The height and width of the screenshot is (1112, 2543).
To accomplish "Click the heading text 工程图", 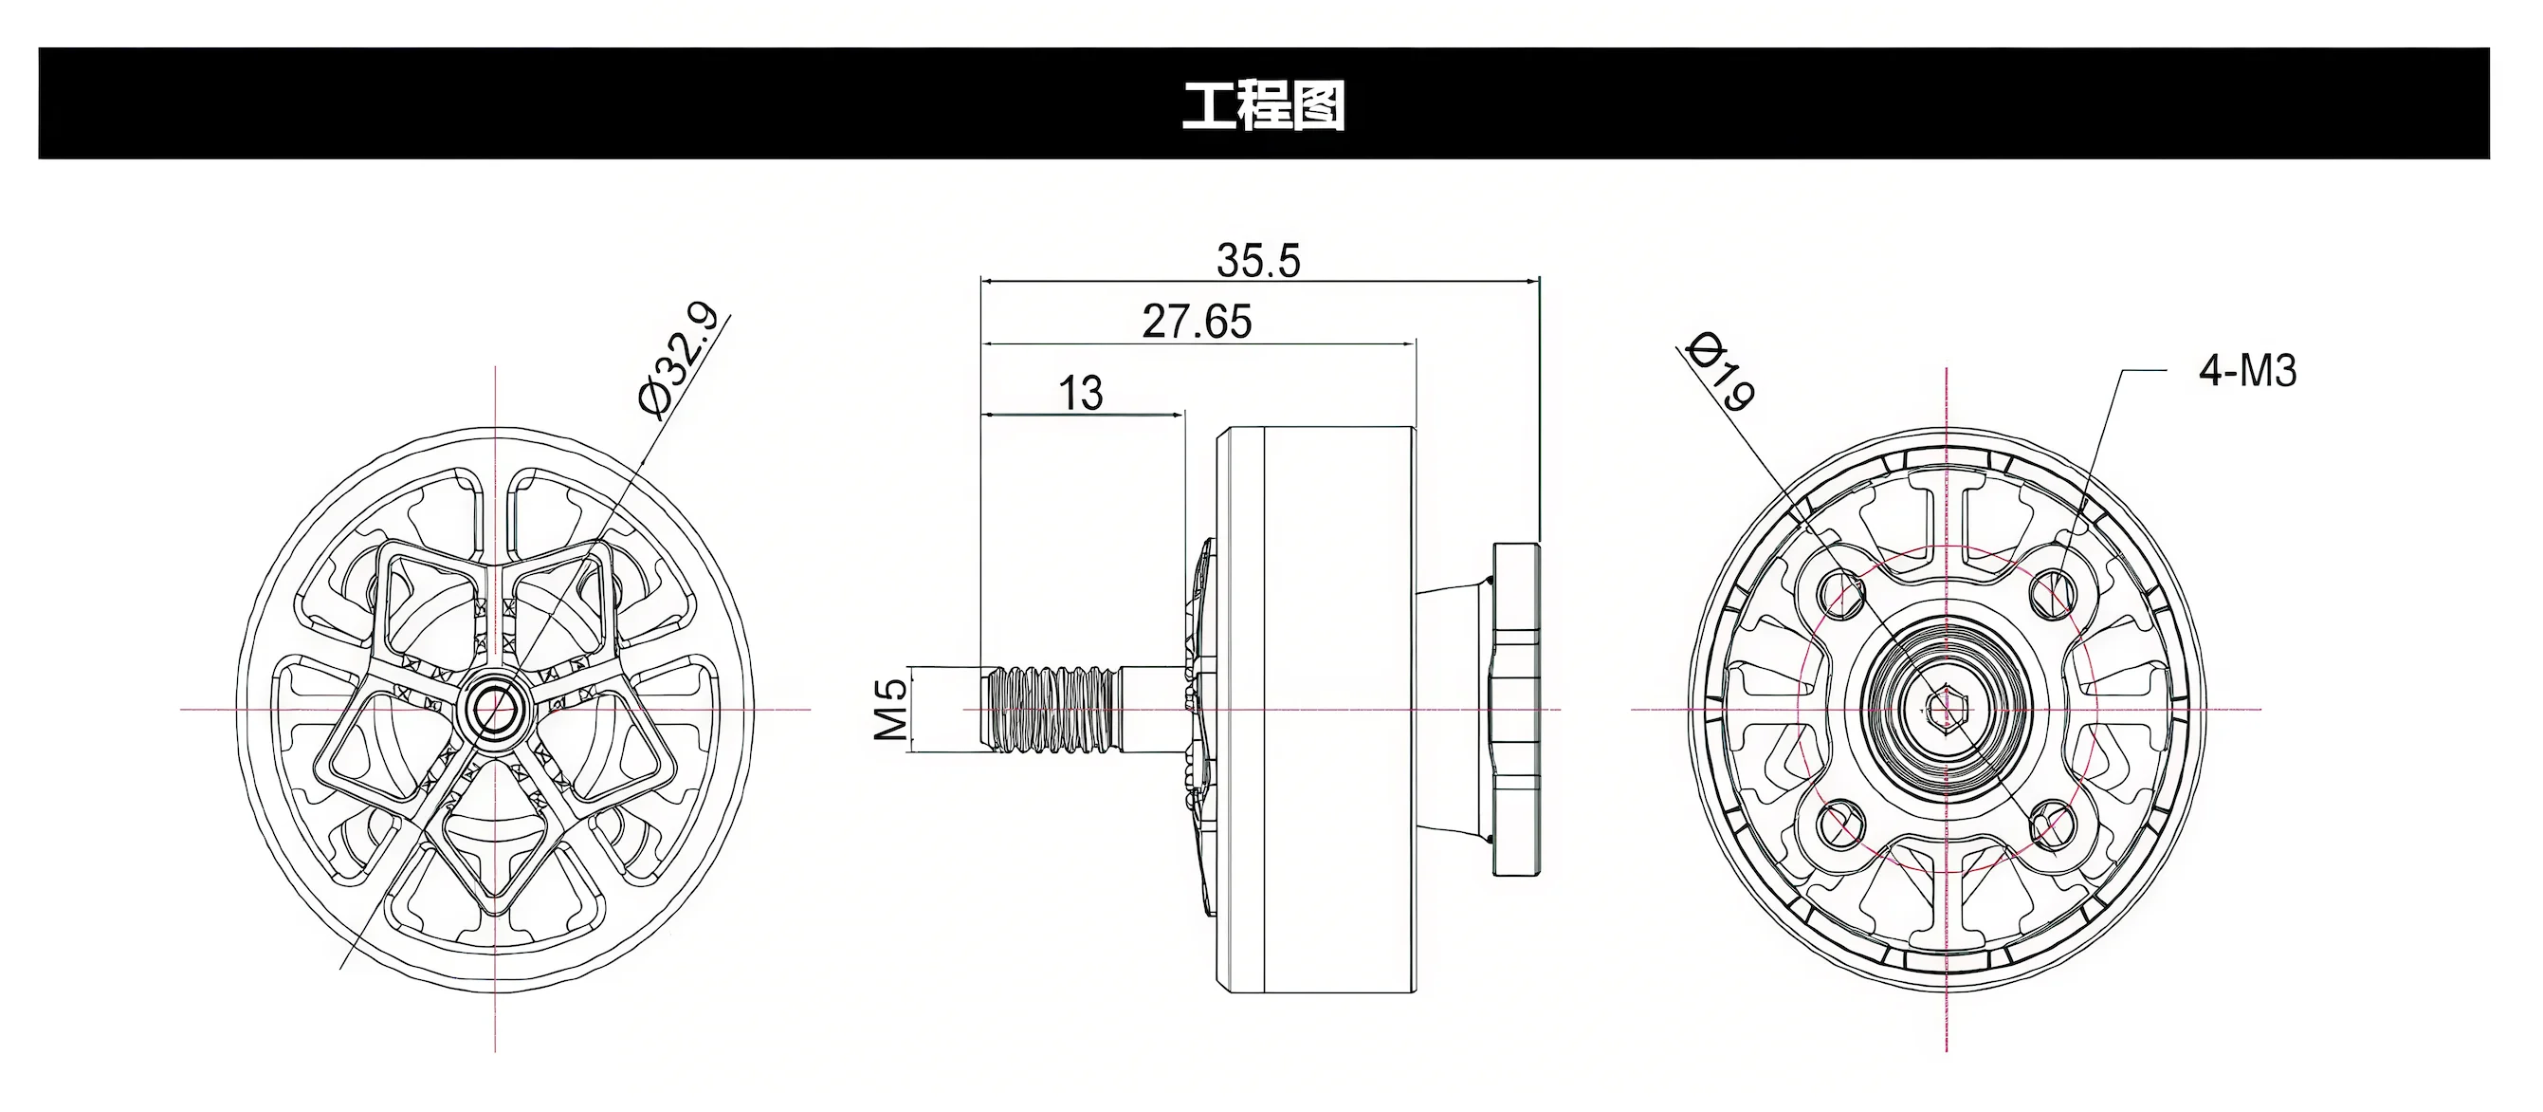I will [1264, 104].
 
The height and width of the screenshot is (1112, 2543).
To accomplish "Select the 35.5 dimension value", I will [1257, 261].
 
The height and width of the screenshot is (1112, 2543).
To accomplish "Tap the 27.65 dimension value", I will [1197, 322].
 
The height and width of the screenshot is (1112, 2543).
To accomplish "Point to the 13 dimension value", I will [1080, 393].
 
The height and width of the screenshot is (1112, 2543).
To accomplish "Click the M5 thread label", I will [891, 709].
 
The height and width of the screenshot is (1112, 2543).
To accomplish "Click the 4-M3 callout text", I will [2247, 371].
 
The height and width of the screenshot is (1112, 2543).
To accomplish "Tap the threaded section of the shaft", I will [1052, 708].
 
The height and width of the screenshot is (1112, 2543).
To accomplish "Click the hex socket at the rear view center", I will [1946, 708].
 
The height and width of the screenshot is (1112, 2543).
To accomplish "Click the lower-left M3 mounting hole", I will [1839, 823].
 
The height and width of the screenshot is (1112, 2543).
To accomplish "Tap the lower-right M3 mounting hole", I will [2053, 823].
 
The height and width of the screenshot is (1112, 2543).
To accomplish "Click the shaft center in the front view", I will [495, 707].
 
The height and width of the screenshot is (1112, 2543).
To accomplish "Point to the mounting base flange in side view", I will [1516, 708].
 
